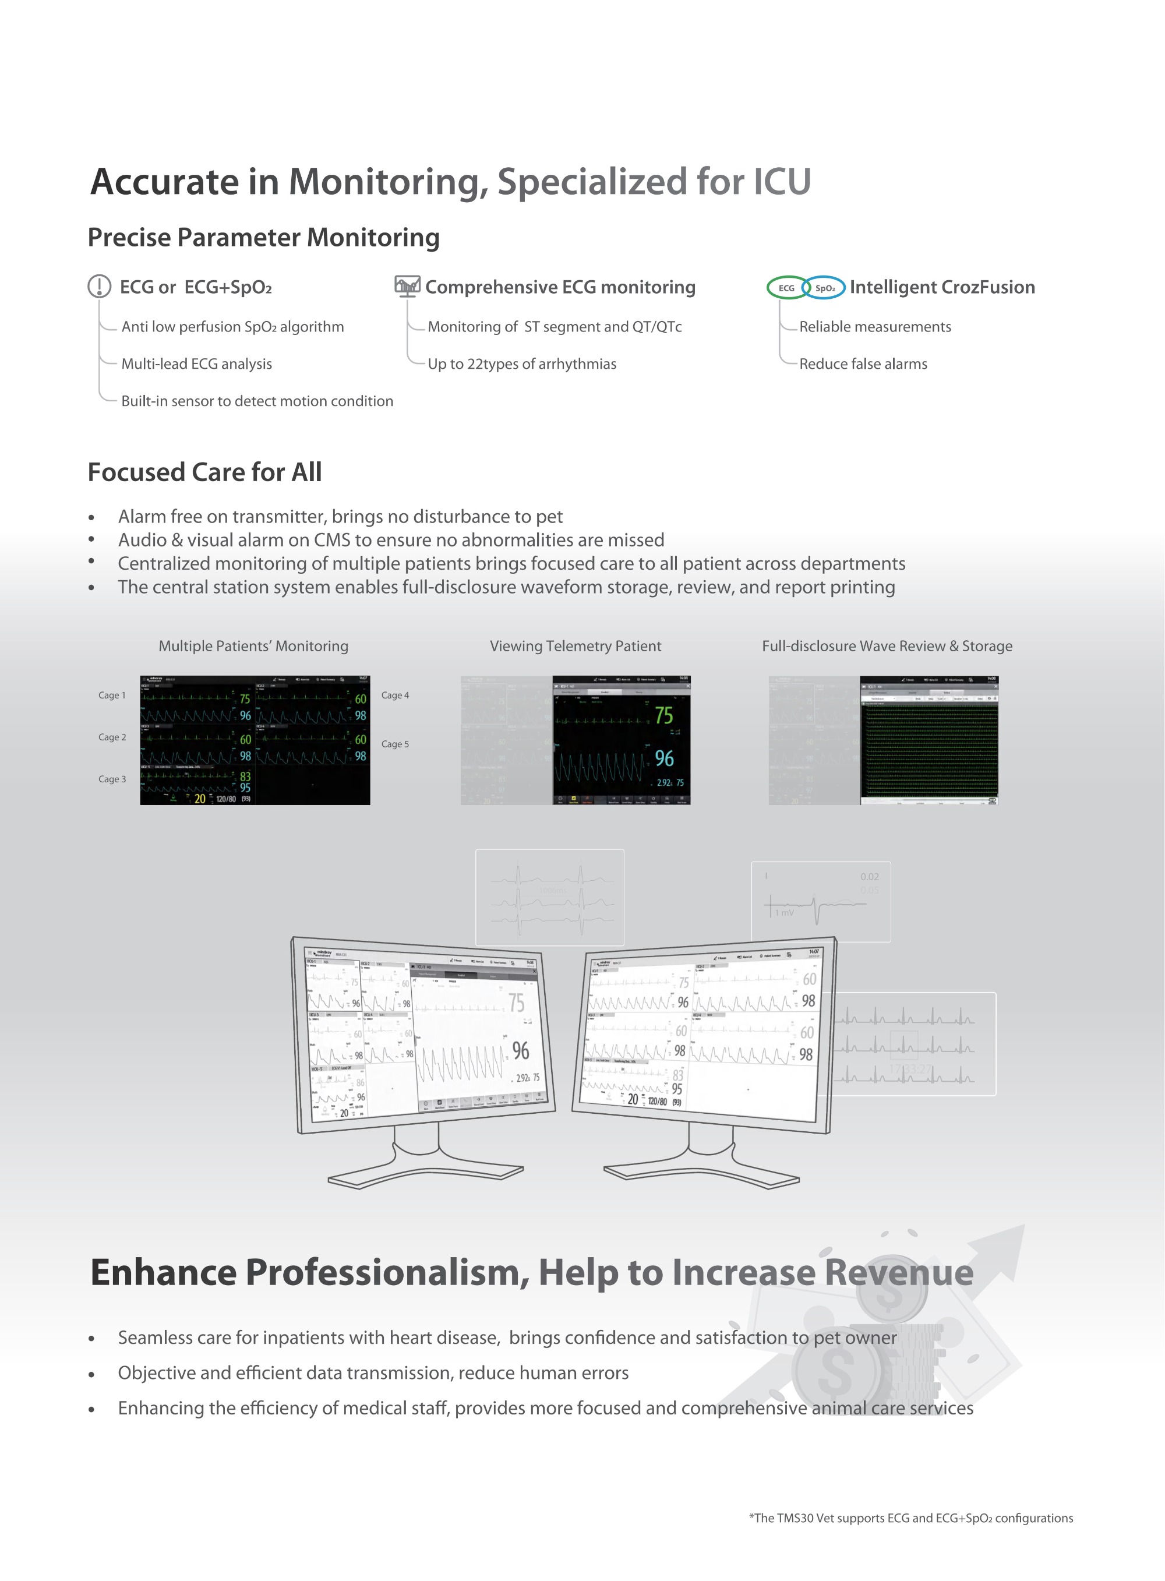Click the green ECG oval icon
click(x=786, y=288)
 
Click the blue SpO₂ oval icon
click(x=824, y=288)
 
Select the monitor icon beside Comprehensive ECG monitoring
click(x=408, y=285)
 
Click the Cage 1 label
click(x=112, y=696)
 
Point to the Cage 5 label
click(x=395, y=744)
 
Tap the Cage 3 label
click(x=112, y=779)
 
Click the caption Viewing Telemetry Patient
click(x=576, y=646)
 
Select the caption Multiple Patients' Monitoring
click(x=253, y=646)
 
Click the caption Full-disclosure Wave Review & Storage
click(x=887, y=646)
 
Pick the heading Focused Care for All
click(x=204, y=472)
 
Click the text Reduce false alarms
click(x=863, y=364)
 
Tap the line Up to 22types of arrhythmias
click(x=522, y=364)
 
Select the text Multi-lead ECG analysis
click(x=197, y=364)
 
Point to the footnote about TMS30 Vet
click(x=910, y=1518)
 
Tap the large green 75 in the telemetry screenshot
click(x=663, y=716)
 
